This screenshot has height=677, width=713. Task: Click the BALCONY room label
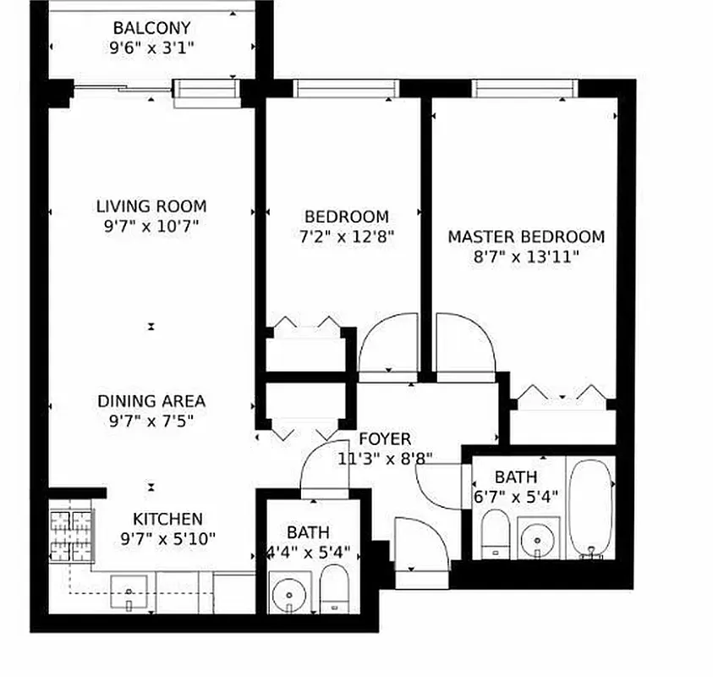pyautogui.click(x=151, y=29)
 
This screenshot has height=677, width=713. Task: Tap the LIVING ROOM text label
pyautogui.click(x=151, y=206)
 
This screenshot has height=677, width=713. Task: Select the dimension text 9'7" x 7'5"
pyautogui.click(x=151, y=421)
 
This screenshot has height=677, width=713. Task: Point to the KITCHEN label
pyautogui.click(x=167, y=519)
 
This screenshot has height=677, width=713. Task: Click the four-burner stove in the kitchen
pyautogui.click(x=71, y=536)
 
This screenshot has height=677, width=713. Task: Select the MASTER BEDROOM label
pyautogui.click(x=526, y=236)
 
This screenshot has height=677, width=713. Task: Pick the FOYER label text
pyautogui.click(x=385, y=439)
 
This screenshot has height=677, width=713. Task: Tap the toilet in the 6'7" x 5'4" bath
pyautogui.click(x=494, y=535)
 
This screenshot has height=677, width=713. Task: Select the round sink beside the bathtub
pyautogui.click(x=535, y=537)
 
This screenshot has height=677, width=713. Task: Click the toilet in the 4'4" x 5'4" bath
pyautogui.click(x=335, y=590)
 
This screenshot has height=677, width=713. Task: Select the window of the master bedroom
pyautogui.click(x=524, y=88)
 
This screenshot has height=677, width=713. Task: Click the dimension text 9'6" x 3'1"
pyautogui.click(x=151, y=48)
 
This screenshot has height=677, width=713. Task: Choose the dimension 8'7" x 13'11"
pyautogui.click(x=526, y=257)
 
